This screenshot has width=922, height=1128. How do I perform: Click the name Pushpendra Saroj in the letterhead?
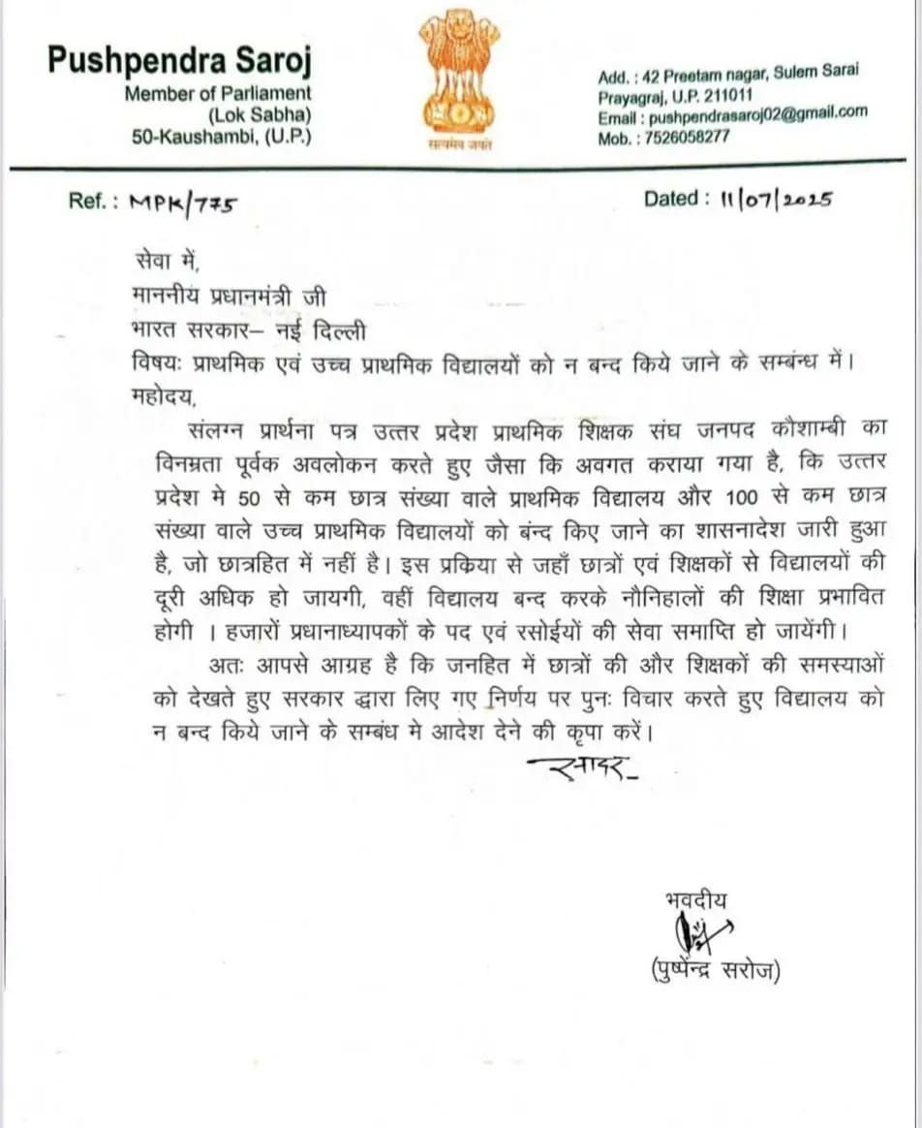point(179,61)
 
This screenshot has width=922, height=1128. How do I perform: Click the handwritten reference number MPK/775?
point(183,203)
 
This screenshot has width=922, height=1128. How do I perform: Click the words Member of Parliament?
point(218,93)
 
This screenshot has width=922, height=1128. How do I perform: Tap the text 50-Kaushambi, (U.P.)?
point(223,136)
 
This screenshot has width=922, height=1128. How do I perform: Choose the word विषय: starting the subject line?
point(155,363)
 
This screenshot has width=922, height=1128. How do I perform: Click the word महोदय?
point(161,396)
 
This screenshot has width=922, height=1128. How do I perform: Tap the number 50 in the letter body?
point(257,497)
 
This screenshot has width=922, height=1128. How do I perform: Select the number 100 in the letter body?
point(749,497)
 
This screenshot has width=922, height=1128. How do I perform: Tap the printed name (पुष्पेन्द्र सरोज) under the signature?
point(718,970)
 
